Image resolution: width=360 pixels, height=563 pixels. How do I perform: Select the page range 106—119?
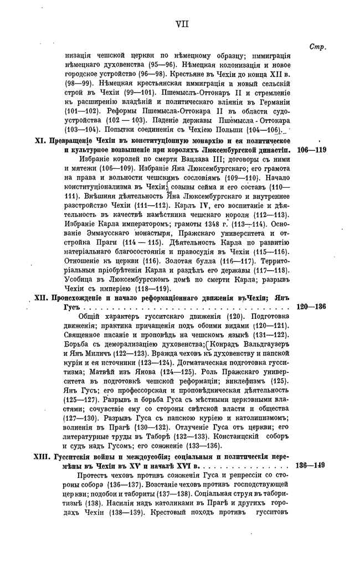click(312, 150)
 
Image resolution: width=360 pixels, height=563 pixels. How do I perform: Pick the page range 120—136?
click(312, 306)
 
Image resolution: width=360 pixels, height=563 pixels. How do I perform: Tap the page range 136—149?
click(312, 466)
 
